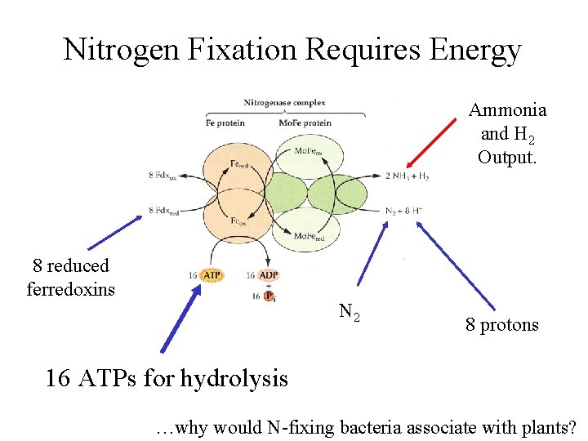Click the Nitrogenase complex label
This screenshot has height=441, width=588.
pos(284,103)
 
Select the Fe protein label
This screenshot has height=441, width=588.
pos(225,123)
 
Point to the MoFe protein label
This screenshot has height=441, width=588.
pos(305,123)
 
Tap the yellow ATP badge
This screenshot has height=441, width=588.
pos(211,276)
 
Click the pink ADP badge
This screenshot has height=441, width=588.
pos(270,276)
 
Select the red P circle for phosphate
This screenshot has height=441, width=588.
pos(268,296)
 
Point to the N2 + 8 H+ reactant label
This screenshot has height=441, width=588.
pos(403,210)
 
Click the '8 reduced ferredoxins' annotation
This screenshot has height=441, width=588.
pos(71,278)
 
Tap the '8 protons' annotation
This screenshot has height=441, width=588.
pos(502,325)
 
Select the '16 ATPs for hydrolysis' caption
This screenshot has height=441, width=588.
pos(167,378)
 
